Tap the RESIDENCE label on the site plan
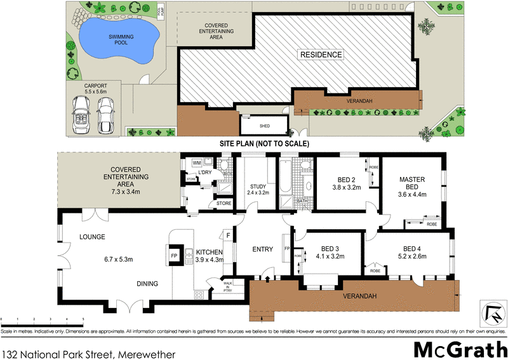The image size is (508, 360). (321, 55)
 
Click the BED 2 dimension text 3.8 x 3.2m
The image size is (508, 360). (346, 188)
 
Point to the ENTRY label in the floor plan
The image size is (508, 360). (262, 248)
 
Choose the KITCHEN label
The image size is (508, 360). (209, 252)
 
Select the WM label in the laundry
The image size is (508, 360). (196, 163)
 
